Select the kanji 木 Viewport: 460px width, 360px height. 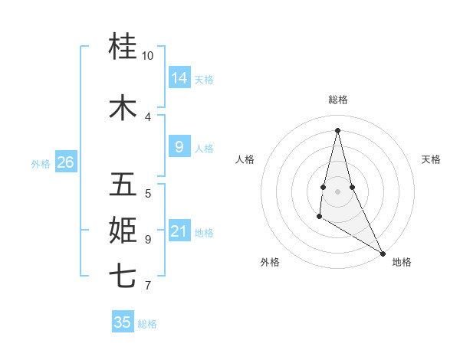123,107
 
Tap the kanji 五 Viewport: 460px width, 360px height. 123,184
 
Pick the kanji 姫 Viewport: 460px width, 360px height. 123,229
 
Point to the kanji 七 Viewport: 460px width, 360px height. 123,275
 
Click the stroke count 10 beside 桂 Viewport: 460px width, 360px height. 148,56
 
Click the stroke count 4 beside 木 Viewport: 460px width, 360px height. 148,116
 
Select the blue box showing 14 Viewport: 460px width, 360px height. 179,77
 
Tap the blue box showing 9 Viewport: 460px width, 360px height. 179,147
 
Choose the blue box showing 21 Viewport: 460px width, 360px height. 179,231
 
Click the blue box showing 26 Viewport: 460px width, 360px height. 65,162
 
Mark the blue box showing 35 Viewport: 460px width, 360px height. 123,322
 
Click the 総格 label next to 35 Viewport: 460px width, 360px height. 147,324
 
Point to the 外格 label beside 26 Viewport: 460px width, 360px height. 41,163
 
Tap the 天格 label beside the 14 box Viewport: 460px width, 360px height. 204,79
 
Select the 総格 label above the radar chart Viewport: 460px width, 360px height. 337,100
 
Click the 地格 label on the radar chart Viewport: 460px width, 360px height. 402,262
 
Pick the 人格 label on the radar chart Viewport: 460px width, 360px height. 245,159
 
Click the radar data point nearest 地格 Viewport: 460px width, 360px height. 383,254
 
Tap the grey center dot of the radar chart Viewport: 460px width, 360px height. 337,191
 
